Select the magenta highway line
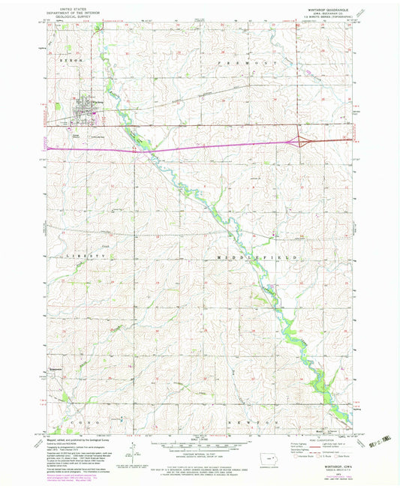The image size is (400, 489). coord(188,149)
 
